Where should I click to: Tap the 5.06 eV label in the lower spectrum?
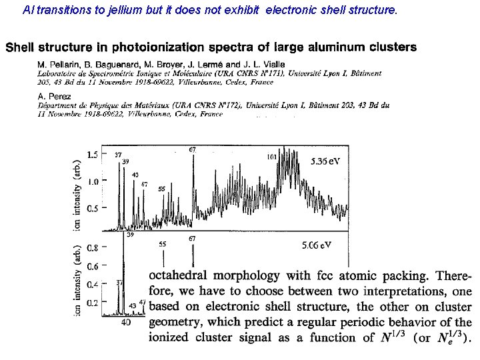316,245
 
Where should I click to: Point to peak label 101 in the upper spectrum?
272,157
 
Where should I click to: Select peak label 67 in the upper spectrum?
192,149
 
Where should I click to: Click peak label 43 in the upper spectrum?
135,175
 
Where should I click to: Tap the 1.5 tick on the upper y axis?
93,155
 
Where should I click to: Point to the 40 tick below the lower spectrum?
127,321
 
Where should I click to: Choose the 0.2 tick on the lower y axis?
93,303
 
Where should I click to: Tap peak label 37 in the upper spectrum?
118,155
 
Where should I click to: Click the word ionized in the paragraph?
169,337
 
